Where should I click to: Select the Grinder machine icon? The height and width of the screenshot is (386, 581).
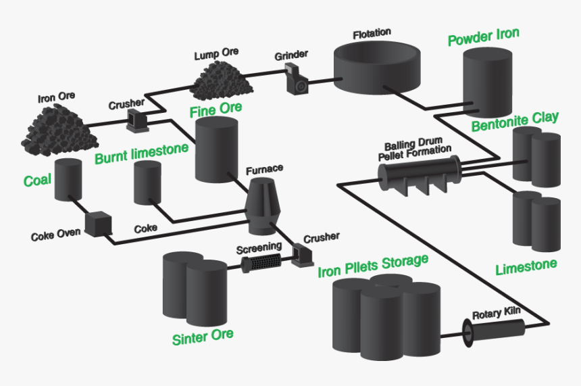[296, 78]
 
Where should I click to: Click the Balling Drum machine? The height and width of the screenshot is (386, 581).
[419, 173]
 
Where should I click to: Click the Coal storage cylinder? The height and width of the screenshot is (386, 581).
[68, 180]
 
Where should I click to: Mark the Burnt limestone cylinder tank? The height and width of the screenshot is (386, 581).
[147, 183]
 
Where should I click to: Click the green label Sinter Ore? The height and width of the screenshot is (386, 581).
[202, 336]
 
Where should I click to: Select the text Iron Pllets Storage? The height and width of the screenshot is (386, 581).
[373, 267]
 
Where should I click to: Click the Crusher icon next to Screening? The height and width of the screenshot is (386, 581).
[299, 254]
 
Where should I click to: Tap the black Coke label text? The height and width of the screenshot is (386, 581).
[145, 228]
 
